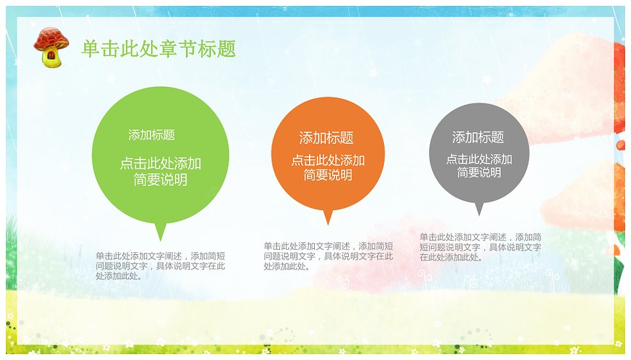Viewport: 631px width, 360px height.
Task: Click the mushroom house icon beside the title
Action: [51, 47]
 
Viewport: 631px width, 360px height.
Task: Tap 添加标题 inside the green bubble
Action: [152, 135]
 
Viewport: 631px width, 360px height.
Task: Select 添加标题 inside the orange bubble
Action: [327, 138]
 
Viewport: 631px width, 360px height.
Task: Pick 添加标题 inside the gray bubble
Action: [478, 137]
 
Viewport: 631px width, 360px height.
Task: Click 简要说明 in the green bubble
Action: [160, 179]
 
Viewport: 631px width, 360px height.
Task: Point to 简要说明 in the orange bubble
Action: [328, 175]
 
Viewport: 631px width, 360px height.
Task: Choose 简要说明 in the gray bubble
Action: [479, 173]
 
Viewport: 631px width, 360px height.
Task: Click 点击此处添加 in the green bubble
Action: [160, 164]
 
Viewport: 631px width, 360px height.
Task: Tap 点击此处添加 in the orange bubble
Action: [328, 160]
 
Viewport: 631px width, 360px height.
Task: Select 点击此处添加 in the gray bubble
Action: [479, 159]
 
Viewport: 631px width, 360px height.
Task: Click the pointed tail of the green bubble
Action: [160, 240]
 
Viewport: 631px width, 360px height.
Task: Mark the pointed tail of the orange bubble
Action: [328, 224]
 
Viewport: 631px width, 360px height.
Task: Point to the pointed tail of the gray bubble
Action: [479, 215]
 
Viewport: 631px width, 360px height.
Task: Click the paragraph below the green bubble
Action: [160, 266]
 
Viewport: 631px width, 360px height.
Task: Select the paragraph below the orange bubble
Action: [328, 256]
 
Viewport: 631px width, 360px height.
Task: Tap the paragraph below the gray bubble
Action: [480, 247]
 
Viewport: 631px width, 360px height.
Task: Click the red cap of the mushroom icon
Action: [51, 38]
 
